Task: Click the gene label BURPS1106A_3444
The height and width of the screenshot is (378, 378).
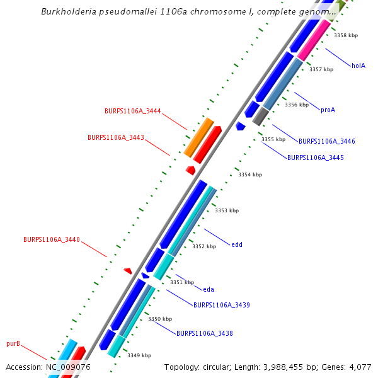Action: point(133,112)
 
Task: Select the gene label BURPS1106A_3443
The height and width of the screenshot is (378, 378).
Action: point(116,137)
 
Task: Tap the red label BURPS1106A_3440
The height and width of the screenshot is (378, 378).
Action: point(52,240)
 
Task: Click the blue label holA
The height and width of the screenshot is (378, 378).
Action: point(358,66)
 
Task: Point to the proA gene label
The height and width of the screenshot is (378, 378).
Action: point(328,110)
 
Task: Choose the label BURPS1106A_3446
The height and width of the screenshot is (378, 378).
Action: point(327,142)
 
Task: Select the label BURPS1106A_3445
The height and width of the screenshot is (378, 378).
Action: point(316,157)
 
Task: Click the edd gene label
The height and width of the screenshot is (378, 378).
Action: point(237,245)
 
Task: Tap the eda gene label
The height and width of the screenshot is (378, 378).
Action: point(209,290)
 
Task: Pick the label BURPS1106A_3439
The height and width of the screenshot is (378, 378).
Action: point(222,306)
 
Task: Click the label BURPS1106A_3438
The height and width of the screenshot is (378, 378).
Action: point(205,333)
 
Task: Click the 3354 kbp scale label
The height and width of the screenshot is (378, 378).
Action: point(249,175)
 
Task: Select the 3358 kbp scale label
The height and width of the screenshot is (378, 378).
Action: point(346,36)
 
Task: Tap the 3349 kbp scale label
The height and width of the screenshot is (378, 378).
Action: point(139,356)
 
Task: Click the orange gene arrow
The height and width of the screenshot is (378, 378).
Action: point(199,137)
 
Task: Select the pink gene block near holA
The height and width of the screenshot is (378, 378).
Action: point(314,40)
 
